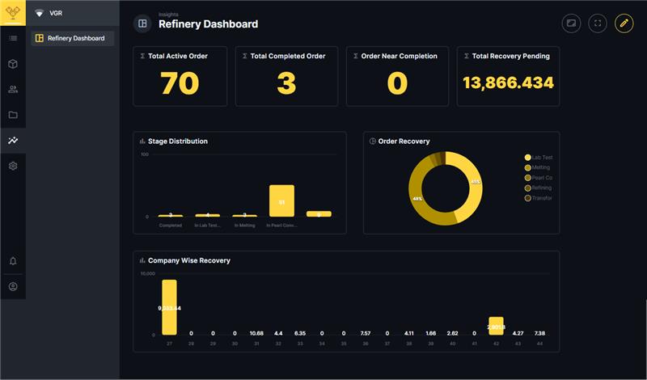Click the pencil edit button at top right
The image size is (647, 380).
[x=624, y=23]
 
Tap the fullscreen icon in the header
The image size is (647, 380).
[x=598, y=23]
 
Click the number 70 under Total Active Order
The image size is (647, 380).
[x=180, y=83]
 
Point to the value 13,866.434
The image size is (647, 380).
[x=508, y=82]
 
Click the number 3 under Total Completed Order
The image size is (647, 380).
[x=287, y=83]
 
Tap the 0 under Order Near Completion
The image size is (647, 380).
[x=397, y=83]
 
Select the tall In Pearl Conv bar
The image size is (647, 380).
[x=281, y=201]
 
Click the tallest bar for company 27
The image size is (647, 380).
[x=169, y=307]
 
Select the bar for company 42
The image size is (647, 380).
[x=496, y=326]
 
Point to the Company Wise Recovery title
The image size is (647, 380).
[x=188, y=261]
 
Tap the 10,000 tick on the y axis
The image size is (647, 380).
[x=147, y=274]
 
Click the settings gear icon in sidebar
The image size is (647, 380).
[x=13, y=166]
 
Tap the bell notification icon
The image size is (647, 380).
[x=13, y=261]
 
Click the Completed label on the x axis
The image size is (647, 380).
[x=170, y=226]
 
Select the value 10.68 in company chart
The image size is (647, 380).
[x=256, y=333]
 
